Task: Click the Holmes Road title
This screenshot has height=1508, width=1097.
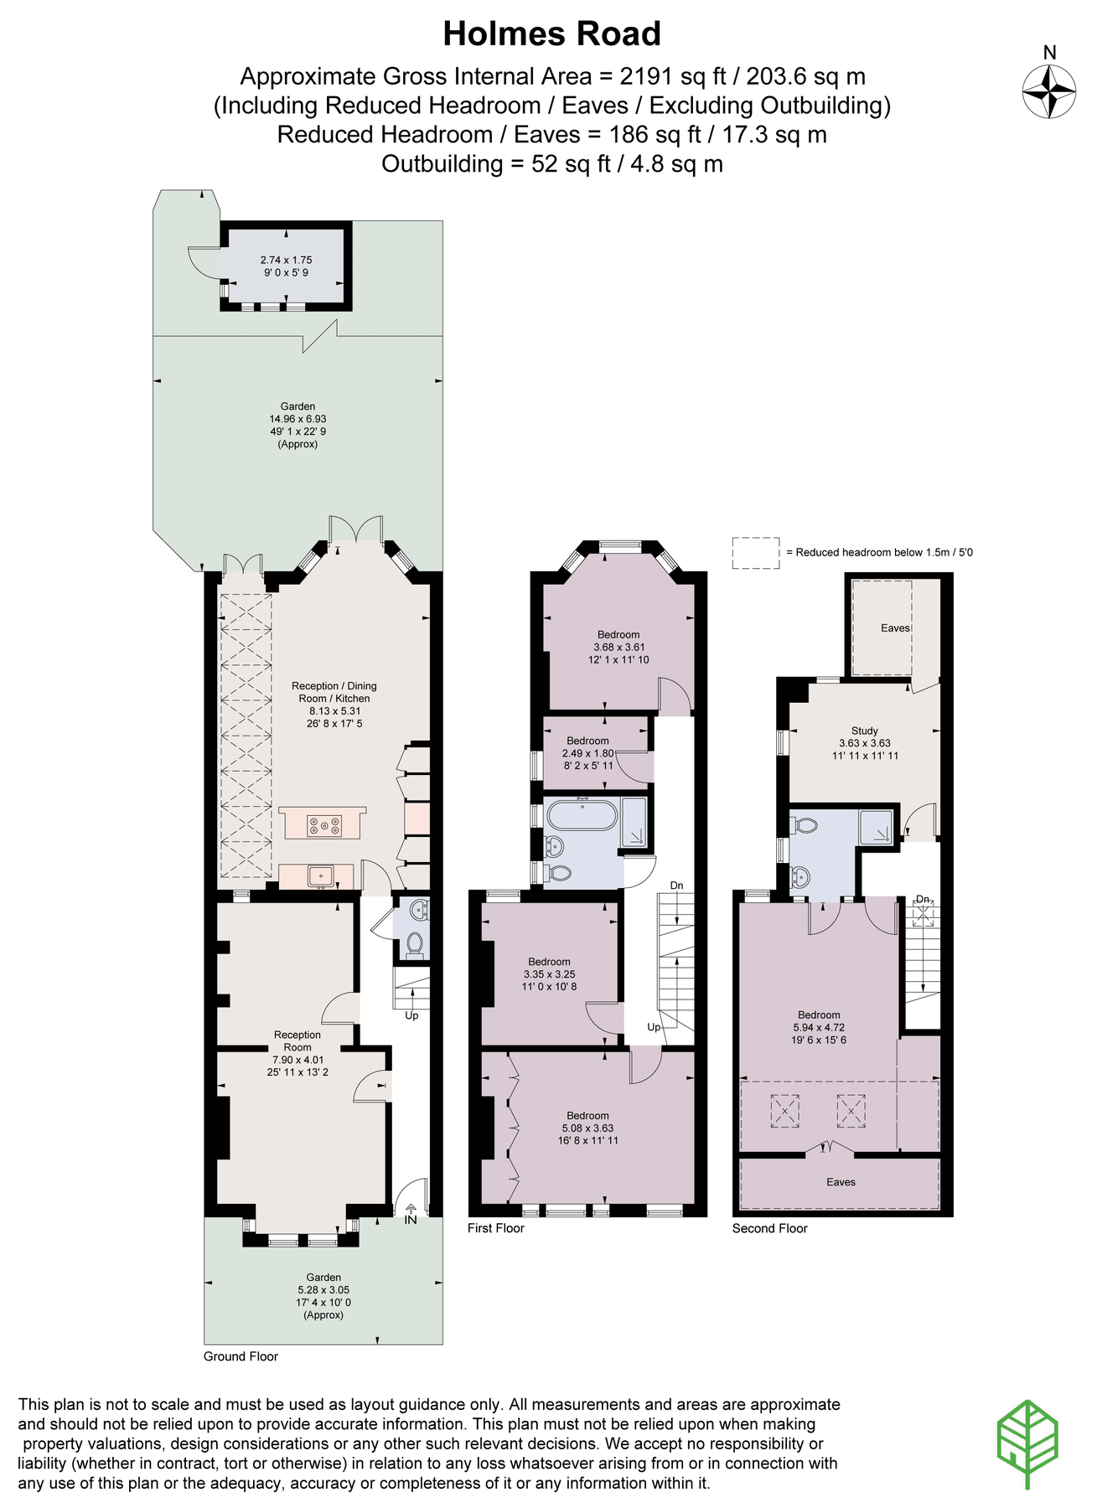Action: pos(551,34)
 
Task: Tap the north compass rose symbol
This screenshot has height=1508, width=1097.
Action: pos(1048,91)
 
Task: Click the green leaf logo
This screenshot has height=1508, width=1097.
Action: pos(1027,1443)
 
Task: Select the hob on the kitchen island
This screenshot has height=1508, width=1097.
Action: pos(323,826)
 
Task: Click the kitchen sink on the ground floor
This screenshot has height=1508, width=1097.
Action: pos(321,876)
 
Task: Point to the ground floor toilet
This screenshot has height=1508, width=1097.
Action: pos(414,945)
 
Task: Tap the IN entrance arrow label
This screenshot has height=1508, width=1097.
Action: pos(411,1219)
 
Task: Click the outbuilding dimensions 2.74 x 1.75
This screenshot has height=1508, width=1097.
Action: pos(286,260)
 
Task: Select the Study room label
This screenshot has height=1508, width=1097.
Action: pos(864,731)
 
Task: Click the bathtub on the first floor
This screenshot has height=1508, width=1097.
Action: pos(582,814)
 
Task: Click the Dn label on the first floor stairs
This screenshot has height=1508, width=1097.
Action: pos(676,886)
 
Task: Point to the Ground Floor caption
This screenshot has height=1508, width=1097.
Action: pos(241,1356)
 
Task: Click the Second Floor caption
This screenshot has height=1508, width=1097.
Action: pos(769,1228)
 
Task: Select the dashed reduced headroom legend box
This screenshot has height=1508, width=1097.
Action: pos(755,553)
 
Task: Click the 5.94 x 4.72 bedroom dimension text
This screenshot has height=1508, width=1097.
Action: pos(819,1027)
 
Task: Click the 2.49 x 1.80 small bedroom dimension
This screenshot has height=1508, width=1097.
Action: pos(587,753)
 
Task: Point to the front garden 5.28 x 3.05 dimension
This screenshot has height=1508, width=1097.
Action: pos(323,1290)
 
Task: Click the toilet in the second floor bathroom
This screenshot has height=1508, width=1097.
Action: pos(805,825)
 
